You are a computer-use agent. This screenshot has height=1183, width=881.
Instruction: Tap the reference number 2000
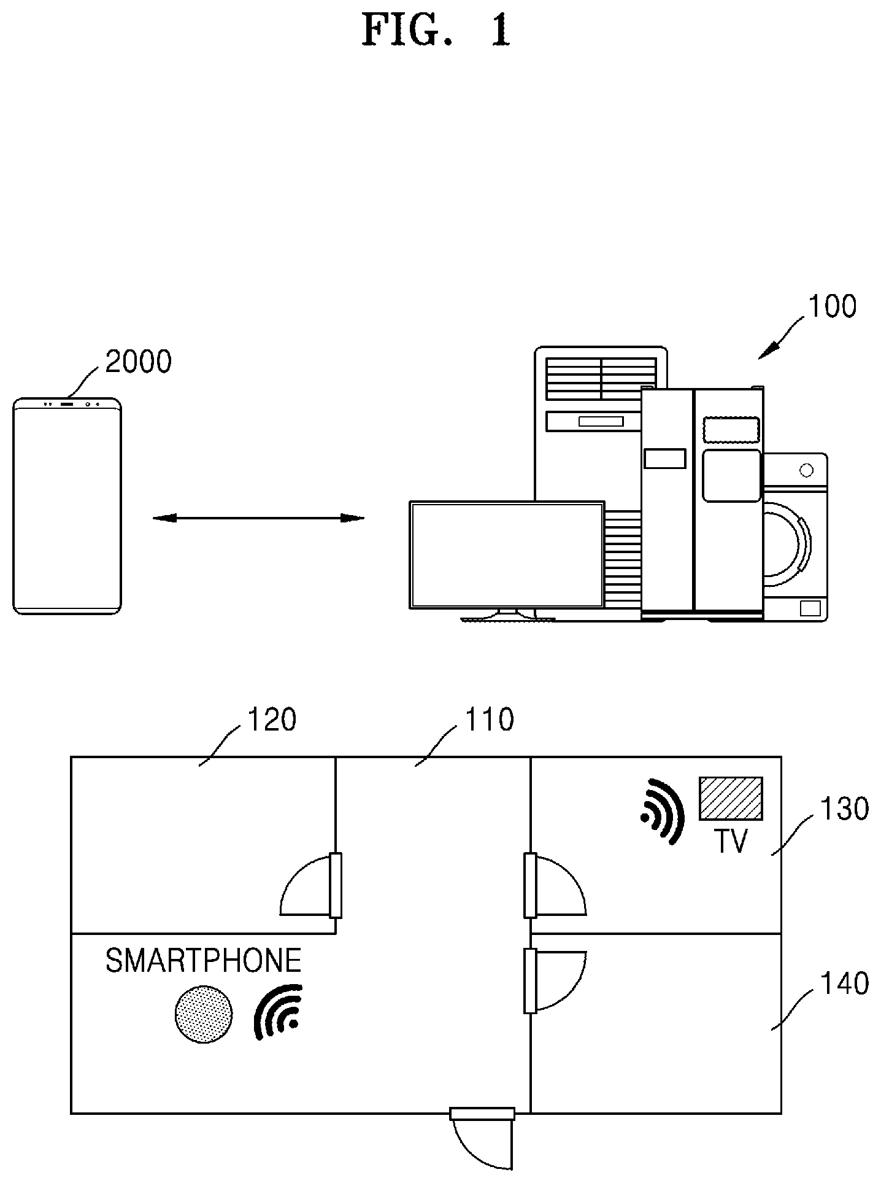tap(139, 362)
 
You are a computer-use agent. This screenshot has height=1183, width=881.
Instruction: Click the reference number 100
tap(832, 306)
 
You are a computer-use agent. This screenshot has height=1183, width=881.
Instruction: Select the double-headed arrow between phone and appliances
tap(258, 518)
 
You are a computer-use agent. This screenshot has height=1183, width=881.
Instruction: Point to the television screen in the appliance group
tap(507, 554)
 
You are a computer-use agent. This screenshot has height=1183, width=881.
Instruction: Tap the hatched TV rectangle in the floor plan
tap(731, 798)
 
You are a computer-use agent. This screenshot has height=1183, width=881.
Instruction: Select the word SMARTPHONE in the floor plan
tap(204, 961)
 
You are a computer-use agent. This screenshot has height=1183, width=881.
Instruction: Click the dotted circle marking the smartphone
tap(204, 1014)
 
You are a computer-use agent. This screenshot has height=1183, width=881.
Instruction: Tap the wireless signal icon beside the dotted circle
tap(280, 1012)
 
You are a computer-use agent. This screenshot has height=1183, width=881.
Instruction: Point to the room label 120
tap(272, 719)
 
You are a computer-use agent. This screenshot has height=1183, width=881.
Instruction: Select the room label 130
tap(845, 809)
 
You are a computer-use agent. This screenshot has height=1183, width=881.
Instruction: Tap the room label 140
tap(845, 983)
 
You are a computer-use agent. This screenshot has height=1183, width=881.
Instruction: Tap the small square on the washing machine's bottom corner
tap(810, 608)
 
